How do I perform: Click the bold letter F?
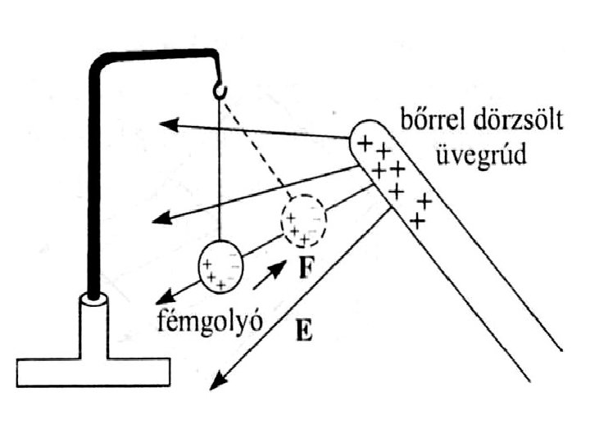304,269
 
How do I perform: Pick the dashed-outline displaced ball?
302,219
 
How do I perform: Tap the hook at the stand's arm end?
220,87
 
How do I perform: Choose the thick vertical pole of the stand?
94,180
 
